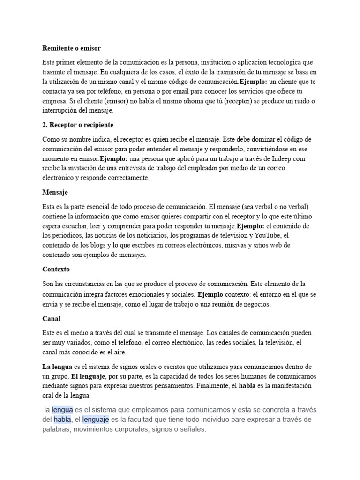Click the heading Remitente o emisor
71,48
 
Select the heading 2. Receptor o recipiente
78,126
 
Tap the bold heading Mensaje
55,192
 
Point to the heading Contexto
56,270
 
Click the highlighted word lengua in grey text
62,409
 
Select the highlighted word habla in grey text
62,419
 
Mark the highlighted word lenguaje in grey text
96,419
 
